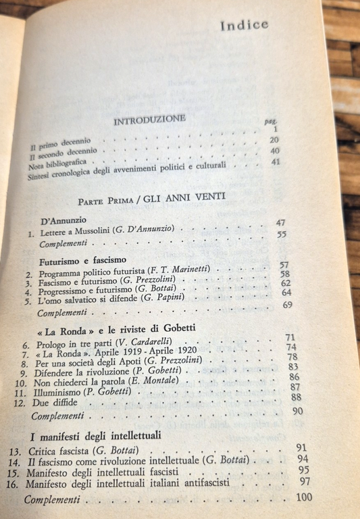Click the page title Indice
(244, 25)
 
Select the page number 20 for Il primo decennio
(274, 140)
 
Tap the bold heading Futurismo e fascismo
(79, 260)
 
